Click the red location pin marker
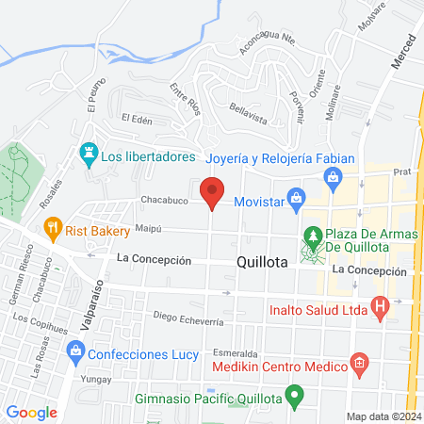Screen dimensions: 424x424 point(213,192)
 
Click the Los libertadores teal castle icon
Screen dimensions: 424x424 point(89,152)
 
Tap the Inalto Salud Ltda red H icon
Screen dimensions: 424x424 point(380,306)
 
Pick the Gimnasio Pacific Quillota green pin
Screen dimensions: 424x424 point(295,398)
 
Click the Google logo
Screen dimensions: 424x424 point(31,412)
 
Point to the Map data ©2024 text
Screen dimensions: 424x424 point(382,416)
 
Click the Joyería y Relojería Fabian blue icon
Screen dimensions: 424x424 point(332,176)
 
